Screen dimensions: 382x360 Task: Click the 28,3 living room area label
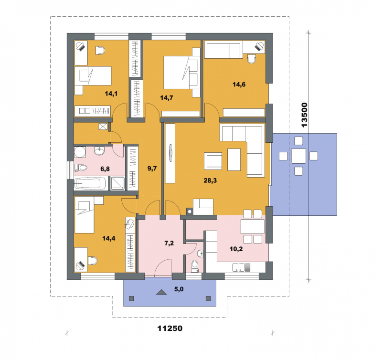(210, 181)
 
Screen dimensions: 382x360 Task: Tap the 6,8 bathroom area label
(105, 169)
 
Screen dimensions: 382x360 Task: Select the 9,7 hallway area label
(152, 169)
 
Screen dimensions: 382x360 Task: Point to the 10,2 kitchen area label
(236, 249)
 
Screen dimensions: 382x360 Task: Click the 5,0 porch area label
(179, 289)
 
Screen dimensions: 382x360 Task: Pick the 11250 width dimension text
(170, 328)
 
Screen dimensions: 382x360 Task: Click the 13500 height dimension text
(305, 115)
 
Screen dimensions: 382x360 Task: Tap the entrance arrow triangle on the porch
(161, 292)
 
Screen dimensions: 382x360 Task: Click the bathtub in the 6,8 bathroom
(90, 183)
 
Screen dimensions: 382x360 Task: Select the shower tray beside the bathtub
(117, 183)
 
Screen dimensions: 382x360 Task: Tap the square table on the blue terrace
(298, 156)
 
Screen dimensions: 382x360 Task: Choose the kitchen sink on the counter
(238, 267)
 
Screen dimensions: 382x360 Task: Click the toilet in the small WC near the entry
(195, 266)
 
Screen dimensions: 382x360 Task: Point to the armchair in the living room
(213, 161)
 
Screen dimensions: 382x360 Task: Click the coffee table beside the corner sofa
(234, 159)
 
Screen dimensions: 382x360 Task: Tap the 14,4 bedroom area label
(109, 238)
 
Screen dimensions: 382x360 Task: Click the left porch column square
(131, 298)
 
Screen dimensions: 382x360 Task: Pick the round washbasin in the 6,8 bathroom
(99, 151)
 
